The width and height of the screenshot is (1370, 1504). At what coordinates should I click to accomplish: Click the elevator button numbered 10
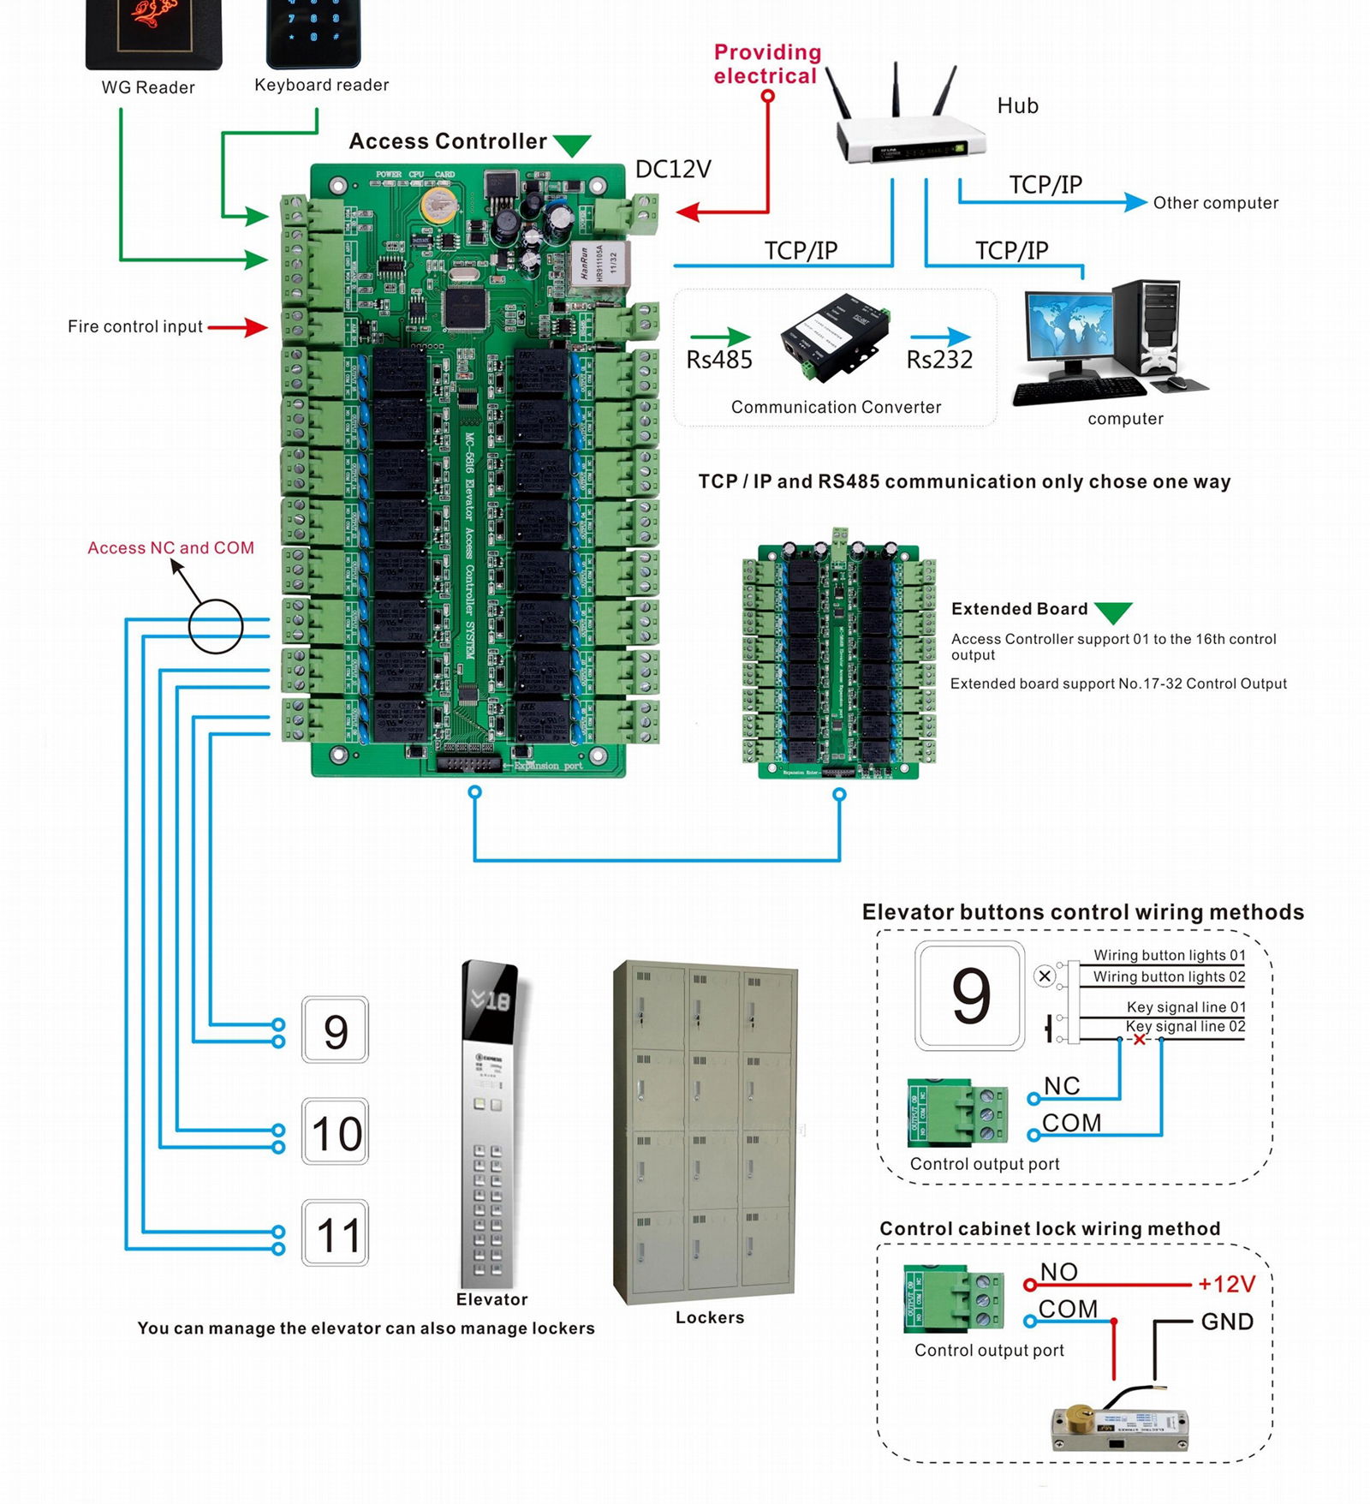coord(336,1132)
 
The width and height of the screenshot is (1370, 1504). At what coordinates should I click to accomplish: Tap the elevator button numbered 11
coord(336,1234)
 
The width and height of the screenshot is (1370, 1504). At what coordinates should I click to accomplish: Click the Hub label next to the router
coord(1017,106)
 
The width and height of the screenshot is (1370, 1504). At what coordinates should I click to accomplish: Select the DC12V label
coord(673,170)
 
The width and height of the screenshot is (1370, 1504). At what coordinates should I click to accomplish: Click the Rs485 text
coord(719,361)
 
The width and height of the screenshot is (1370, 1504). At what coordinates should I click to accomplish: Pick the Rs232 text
coord(939,361)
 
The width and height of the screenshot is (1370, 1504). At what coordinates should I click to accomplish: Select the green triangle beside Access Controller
coord(571,145)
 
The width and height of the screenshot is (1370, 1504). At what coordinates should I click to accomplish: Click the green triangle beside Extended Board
coord(1113,612)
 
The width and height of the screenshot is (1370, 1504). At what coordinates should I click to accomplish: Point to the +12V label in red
coord(1226,1285)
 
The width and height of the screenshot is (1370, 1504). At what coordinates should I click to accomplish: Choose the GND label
coord(1227,1322)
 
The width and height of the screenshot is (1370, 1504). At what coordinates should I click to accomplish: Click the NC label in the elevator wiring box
coord(1062,1086)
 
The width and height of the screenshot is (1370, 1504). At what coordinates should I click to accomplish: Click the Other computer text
coord(1215,203)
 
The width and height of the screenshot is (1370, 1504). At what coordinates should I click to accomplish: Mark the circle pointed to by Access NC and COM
coord(216,626)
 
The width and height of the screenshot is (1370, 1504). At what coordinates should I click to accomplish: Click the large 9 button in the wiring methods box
coord(970,995)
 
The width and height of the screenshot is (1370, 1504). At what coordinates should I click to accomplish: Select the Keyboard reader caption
coord(321,85)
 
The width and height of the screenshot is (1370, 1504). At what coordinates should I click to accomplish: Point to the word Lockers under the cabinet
coord(710,1317)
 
